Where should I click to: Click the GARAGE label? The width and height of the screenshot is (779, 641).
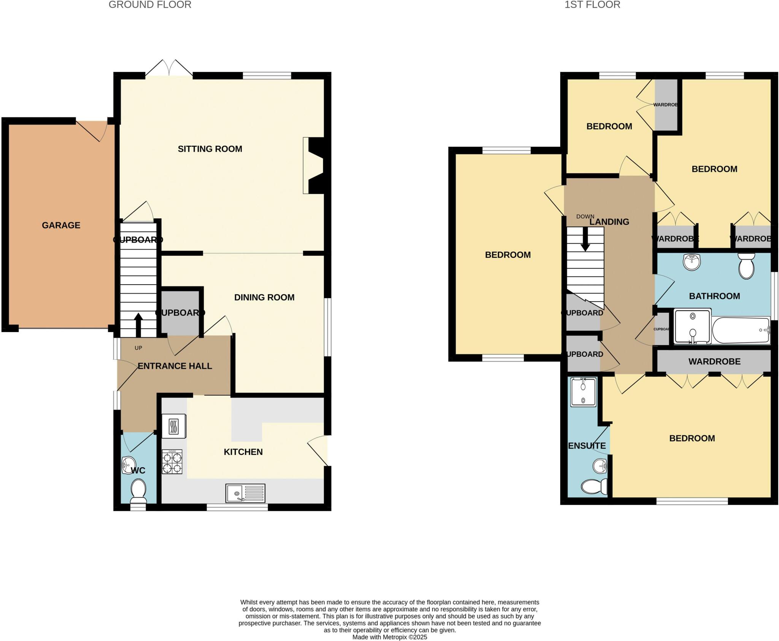pos(61,225)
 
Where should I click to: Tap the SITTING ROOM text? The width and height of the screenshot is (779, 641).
pos(210,149)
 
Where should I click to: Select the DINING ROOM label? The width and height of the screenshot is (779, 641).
pos(264,297)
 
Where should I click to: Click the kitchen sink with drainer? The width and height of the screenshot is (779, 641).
pos(245,493)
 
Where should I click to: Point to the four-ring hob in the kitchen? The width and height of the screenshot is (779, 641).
pos(172,461)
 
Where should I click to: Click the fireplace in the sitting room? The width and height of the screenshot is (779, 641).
pos(313,165)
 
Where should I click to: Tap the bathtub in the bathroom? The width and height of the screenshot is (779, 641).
pos(740,330)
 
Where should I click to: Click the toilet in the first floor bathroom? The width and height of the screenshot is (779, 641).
pos(746,266)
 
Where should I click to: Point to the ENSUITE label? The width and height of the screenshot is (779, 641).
pos(587,445)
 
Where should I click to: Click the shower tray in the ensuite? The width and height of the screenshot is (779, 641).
pos(583,392)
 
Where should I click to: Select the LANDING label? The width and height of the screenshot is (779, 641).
pos(609,222)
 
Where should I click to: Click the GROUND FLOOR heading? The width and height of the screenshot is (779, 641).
pos(150,5)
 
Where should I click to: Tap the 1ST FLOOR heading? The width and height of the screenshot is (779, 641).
pos(592,5)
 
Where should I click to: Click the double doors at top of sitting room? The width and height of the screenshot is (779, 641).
pos(169,68)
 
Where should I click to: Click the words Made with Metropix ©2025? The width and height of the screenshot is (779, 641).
pos(389,637)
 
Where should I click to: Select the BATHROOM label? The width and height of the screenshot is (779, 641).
pos(714,296)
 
